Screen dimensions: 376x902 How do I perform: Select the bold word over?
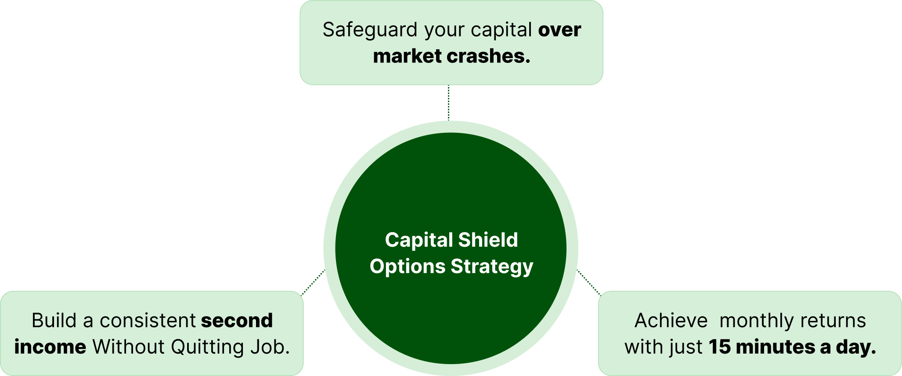click(559, 30)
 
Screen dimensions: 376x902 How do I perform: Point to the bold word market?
click(407, 56)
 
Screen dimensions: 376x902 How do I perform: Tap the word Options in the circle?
click(408, 266)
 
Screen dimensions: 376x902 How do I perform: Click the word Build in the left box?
click(54, 321)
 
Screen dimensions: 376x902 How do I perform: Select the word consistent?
click(148, 321)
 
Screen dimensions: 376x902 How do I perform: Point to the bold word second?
click(237, 321)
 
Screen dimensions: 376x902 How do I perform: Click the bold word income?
click(50, 347)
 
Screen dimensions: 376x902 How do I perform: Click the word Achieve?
click(671, 321)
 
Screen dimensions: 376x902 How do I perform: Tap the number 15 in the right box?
click(719, 347)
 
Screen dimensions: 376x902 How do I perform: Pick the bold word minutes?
click(776, 347)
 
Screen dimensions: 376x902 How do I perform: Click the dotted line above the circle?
click(448, 102)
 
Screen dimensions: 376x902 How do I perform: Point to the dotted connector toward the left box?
click(313, 282)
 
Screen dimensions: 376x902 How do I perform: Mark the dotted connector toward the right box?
click(589, 283)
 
